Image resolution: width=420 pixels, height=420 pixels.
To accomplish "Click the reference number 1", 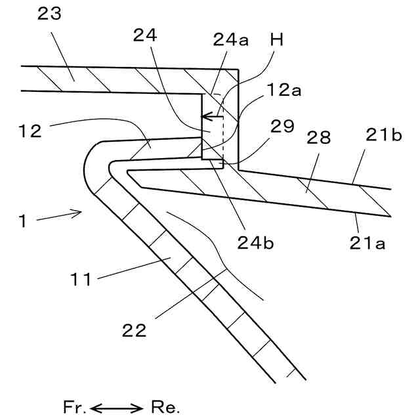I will pos(22,221).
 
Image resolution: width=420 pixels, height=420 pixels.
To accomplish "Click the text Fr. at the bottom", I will pos(74,407).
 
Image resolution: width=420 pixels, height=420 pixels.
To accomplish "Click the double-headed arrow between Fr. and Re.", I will pos(118,408).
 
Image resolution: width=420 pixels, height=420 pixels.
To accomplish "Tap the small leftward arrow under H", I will pos(211,117).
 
